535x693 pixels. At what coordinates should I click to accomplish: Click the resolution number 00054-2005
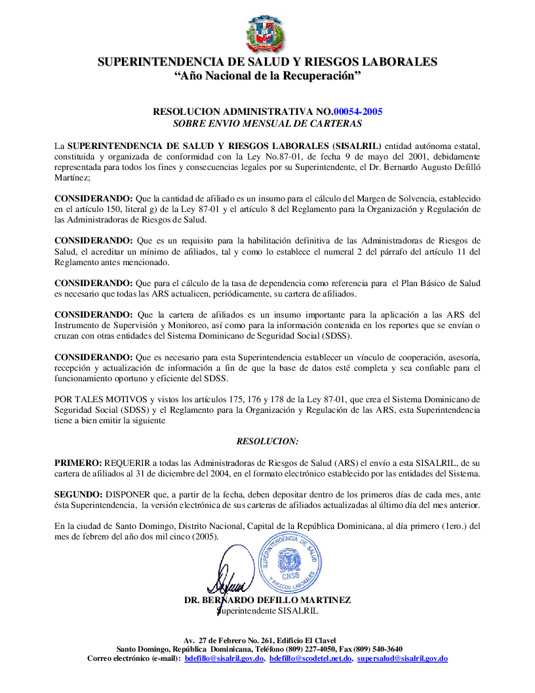[358, 112]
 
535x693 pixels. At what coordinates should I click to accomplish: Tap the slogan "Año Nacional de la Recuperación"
[267, 77]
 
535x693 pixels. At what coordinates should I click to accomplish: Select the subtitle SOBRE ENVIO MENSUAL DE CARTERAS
[267, 123]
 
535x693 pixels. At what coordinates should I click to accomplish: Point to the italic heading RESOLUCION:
[267, 441]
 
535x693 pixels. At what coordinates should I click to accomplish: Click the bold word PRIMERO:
[78, 463]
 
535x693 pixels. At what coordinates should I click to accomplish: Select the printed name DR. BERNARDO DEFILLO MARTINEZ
[267, 600]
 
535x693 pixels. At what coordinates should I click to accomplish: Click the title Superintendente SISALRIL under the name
[267, 610]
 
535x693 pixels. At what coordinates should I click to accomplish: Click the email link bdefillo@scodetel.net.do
[311, 658]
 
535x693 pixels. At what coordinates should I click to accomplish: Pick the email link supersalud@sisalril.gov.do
[403, 658]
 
